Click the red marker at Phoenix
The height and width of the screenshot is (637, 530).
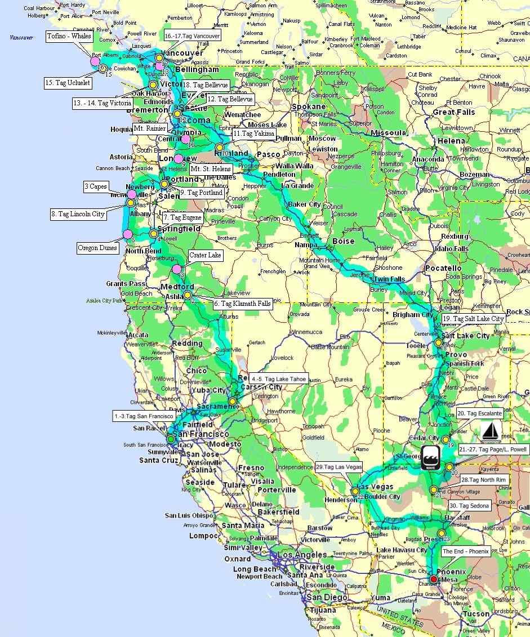click(433, 579)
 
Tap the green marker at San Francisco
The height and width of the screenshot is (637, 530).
click(171, 439)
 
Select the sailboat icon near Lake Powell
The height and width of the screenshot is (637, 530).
click(491, 432)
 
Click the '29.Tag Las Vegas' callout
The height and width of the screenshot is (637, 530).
click(339, 467)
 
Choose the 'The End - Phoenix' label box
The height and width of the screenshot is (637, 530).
click(465, 551)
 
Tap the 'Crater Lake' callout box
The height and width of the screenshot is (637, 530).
click(206, 256)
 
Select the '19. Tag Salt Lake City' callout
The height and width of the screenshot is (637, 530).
click(473, 319)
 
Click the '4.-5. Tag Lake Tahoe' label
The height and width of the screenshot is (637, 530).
click(279, 379)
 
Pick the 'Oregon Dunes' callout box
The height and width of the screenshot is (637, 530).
click(97, 248)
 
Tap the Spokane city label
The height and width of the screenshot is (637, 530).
click(308, 106)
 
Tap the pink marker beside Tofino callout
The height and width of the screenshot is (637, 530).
click(95, 60)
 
